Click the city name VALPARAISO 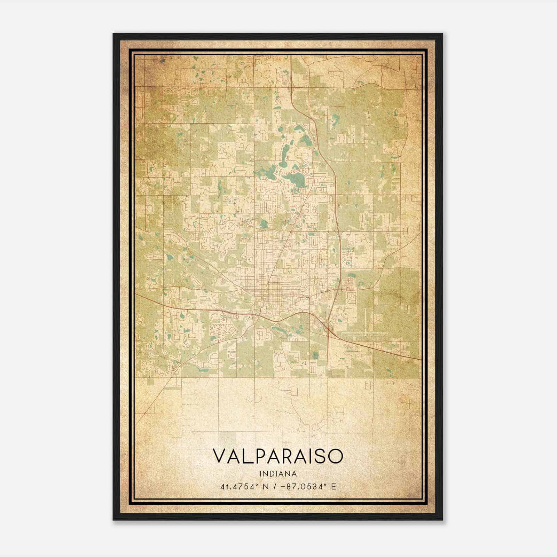pos(278,457)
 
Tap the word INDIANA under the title pos(278,474)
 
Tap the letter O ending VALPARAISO pos(335,457)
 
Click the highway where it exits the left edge pos(136,294)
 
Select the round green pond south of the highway pos(315,355)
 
